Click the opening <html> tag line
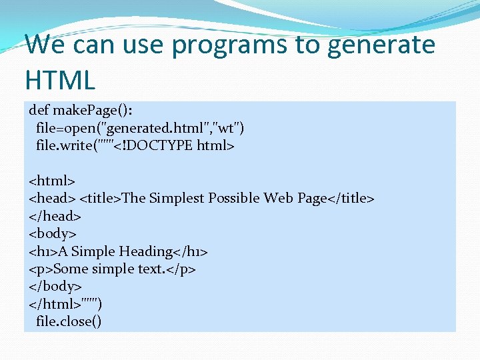52,180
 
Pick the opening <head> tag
52,198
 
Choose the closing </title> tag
351,198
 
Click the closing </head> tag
55,216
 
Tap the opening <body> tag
53,233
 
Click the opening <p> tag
41,269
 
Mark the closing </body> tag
55,287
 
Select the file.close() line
69,322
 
